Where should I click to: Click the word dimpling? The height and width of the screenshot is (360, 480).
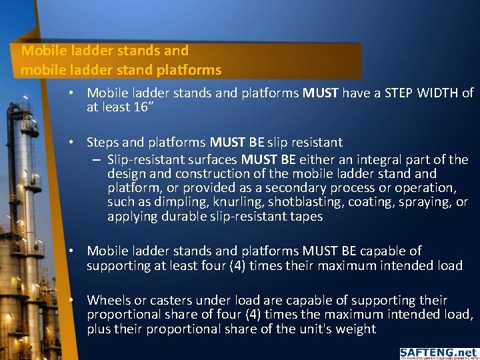(x=162, y=202)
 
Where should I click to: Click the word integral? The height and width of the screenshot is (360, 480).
(x=380, y=160)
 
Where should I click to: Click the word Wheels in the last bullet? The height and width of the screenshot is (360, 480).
(x=107, y=300)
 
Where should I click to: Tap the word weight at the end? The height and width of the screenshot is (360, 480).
(x=357, y=329)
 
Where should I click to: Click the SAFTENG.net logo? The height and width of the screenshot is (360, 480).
(x=438, y=353)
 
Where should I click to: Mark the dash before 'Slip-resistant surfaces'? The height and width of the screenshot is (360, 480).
(x=97, y=160)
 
